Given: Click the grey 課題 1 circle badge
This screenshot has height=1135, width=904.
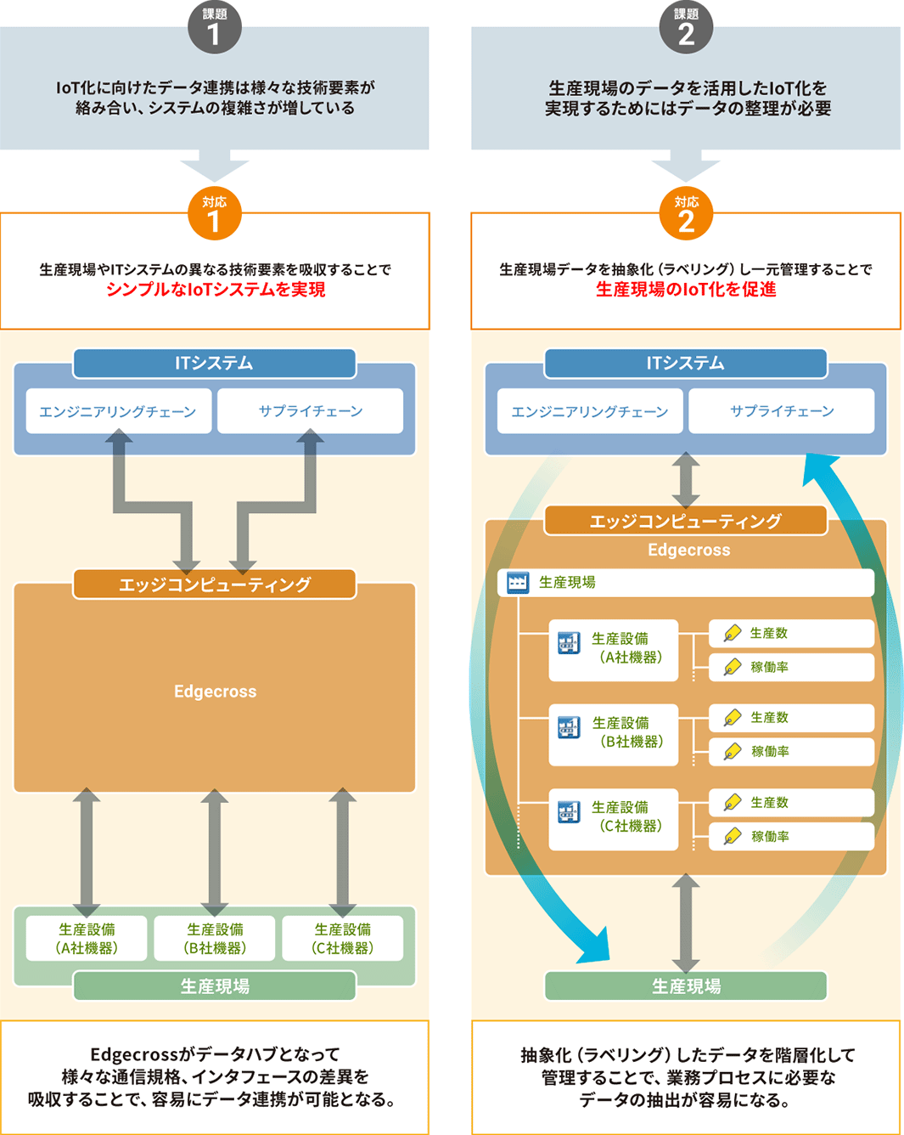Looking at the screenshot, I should (214, 27).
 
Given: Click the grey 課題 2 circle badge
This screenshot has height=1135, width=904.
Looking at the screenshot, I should (686, 27).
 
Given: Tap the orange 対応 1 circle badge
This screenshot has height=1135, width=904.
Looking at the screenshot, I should (214, 214).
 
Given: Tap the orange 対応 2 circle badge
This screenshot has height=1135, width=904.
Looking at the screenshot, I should (686, 214).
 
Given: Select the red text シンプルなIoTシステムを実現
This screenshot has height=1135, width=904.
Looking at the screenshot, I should (216, 290).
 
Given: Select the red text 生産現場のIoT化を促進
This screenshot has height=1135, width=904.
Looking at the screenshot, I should (686, 290).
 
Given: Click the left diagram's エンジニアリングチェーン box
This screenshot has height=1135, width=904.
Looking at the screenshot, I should (118, 411).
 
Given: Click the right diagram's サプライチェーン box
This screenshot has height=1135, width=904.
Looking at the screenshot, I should (782, 411).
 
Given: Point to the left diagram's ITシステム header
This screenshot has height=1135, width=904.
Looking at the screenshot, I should (214, 364).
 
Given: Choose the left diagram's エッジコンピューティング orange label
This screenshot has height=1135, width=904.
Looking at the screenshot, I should (214, 584).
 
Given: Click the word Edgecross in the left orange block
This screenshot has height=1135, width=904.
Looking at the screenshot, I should (215, 692).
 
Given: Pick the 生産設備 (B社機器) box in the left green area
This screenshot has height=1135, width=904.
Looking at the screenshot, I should (215, 939).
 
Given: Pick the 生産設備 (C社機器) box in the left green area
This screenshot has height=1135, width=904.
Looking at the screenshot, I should (343, 939).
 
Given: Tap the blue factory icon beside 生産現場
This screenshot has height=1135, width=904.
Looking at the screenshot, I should (517, 583).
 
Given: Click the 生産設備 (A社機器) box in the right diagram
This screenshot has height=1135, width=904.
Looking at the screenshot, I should (614, 649).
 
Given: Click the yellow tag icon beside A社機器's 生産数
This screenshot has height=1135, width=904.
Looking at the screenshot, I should (733, 633).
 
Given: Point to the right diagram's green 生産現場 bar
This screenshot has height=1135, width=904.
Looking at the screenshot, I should (686, 986).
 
